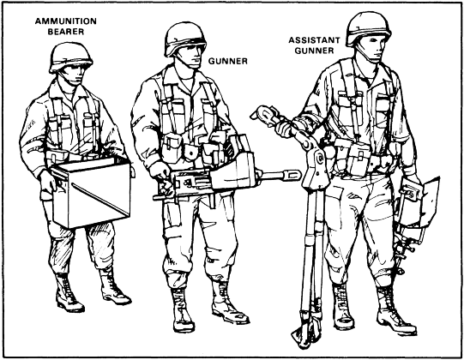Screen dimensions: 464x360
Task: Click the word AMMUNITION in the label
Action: pyautogui.click(x=66, y=21)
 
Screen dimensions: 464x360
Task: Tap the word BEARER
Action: pyautogui.click(x=66, y=32)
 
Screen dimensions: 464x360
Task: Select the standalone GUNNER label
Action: pyautogui.click(x=228, y=61)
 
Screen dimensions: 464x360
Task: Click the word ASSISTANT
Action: pyautogui.click(x=314, y=40)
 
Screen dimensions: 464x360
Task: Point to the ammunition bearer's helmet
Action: pyautogui.click(x=70, y=57)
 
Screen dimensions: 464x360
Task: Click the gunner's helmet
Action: pyautogui.click(x=185, y=39)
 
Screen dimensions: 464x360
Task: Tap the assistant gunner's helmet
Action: pyautogui.click(x=368, y=28)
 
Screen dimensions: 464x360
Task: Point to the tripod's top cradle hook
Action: pyautogui.click(x=262, y=114)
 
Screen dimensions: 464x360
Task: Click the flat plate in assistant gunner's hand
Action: pyautogui.click(x=426, y=201)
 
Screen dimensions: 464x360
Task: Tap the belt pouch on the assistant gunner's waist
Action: pyautogui.click(x=358, y=159)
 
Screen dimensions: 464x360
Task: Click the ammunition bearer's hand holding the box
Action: pyautogui.click(x=47, y=182)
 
